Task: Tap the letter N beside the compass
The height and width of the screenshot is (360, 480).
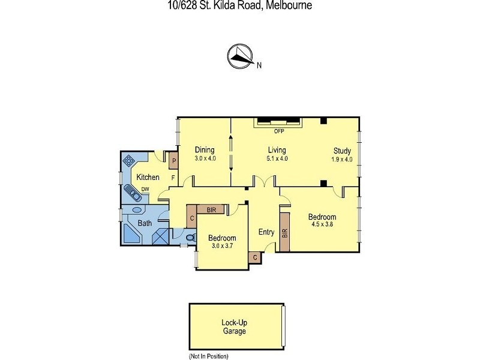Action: click(259, 66)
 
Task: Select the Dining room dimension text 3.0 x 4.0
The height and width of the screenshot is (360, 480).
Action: click(205, 158)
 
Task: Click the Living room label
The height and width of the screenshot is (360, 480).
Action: click(277, 150)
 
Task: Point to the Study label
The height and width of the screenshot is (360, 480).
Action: click(342, 151)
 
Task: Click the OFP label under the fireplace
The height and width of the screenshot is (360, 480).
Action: click(278, 131)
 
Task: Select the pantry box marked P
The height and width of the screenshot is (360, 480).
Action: click(173, 161)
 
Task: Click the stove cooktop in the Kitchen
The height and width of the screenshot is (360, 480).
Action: click(129, 161)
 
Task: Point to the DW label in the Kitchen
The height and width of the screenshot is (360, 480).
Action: click(145, 190)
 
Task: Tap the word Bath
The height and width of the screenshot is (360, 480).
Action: click(145, 223)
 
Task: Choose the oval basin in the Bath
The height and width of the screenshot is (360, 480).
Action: click(137, 211)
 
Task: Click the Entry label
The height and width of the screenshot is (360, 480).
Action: click(266, 232)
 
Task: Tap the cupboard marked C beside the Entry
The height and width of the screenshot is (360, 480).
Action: click(255, 257)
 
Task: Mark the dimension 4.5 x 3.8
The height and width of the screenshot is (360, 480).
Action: click(322, 226)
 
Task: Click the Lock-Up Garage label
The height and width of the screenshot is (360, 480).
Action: click(233, 326)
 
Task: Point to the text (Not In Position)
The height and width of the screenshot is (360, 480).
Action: click(208, 356)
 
